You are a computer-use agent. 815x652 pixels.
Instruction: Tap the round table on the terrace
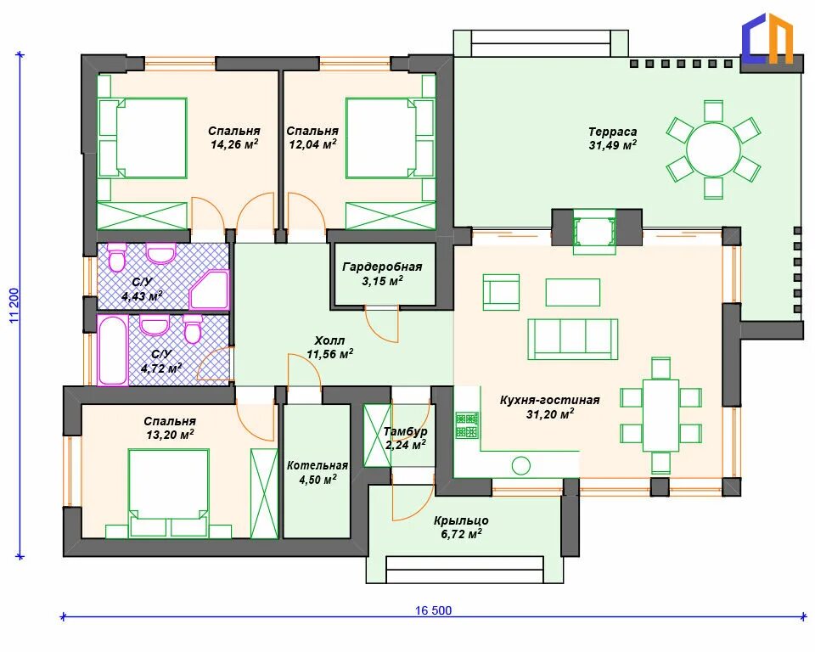(x=713, y=149)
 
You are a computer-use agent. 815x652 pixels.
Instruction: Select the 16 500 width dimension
(x=433, y=610)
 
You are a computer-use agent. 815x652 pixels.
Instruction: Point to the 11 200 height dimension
(x=14, y=306)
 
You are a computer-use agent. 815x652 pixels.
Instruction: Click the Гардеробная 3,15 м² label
(x=382, y=274)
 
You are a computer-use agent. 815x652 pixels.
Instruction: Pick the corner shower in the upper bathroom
(x=209, y=289)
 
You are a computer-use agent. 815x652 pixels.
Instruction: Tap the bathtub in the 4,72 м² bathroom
(x=113, y=350)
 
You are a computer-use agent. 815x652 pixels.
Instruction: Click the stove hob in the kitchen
(x=467, y=425)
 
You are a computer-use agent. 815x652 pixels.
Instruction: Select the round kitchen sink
(x=520, y=465)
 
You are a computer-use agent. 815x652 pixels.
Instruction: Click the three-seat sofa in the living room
(x=573, y=339)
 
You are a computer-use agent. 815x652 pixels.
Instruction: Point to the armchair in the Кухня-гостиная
(x=501, y=292)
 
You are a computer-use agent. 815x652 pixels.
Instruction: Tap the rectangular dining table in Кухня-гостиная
(x=660, y=415)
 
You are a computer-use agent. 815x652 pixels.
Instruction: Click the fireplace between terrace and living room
(x=594, y=232)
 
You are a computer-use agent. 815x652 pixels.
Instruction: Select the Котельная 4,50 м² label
(x=317, y=472)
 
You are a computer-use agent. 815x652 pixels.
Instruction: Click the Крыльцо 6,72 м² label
(x=461, y=527)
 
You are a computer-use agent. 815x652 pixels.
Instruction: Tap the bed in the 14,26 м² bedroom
(x=143, y=138)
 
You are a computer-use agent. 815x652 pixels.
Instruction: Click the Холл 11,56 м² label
(x=329, y=348)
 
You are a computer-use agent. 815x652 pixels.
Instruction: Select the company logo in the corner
(x=767, y=37)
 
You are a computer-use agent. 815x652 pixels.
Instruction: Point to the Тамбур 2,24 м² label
(x=406, y=438)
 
